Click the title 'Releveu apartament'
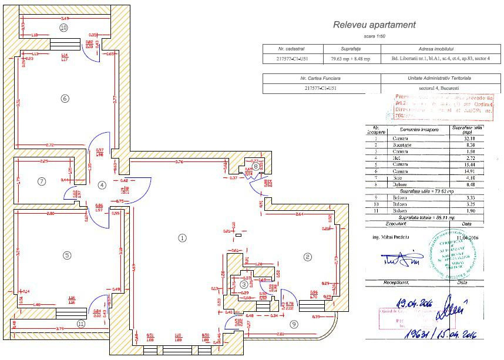pyautogui.click(x=374, y=25)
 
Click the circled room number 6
pyautogui.click(x=65, y=98)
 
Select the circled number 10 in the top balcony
pyautogui.click(x=63, y=28)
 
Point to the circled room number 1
pyautogui.click(x=182, y=238)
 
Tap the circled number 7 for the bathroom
pyautogui.click(x=41, y=181)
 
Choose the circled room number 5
pyautogui.click(x=67, y=255)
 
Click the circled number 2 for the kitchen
pyautogui.click(x=306, y=257)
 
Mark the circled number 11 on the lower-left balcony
pyautogui.click(x=81, y=323)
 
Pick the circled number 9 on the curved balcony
pyautogui.click(x=294, y=323)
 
